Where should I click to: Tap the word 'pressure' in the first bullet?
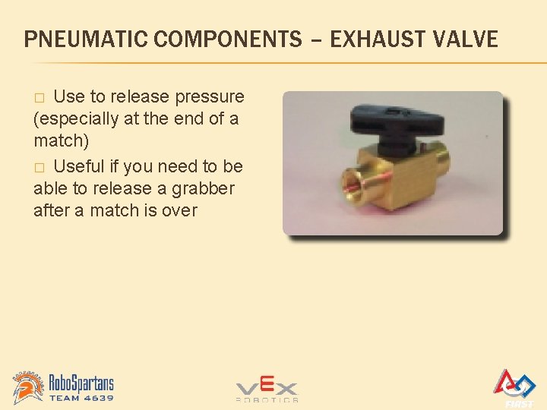(x=210, y=97)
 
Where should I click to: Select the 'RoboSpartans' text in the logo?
(x=81, y=381)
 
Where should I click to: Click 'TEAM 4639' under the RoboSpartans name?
(x=81, y=398)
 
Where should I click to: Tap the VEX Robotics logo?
(x=266, y=389)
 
